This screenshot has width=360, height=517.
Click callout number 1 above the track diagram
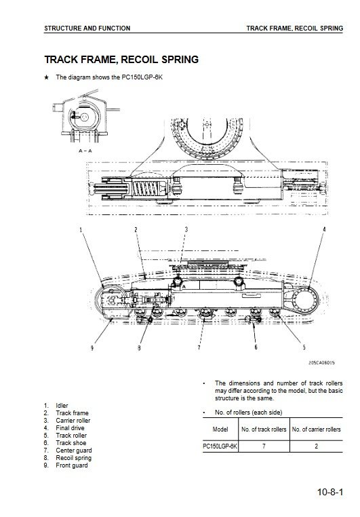click(81, 229)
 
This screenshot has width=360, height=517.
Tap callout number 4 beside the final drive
click(324, 229)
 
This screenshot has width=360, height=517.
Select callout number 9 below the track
click(92, 347)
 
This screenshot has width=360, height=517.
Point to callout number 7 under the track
click(199, 347)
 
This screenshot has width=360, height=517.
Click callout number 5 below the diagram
click(304, 347)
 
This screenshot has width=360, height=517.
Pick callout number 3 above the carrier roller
click(186, 229)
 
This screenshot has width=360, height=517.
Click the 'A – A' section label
click(85, 151)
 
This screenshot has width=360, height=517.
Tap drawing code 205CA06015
click(321, 363)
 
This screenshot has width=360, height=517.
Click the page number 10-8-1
click(330, 492)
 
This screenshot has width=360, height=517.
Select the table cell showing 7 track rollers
click(264, 446)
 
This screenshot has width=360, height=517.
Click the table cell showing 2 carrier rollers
click(316, 446)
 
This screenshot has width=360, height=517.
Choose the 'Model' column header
click(220, 429)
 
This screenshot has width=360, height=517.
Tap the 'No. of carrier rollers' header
click(316, 429)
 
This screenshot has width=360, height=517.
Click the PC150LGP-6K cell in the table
click(220, 446)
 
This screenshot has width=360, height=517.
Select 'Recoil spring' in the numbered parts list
click(73, 458)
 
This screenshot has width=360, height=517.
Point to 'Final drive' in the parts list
click(70, 428)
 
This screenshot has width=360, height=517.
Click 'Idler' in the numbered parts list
click(62, 406)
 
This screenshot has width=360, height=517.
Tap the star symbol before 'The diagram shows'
click(47, 77)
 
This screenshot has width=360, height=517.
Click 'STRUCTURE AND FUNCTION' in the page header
click(87, 28)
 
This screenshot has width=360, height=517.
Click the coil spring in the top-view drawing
click(145, 189)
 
